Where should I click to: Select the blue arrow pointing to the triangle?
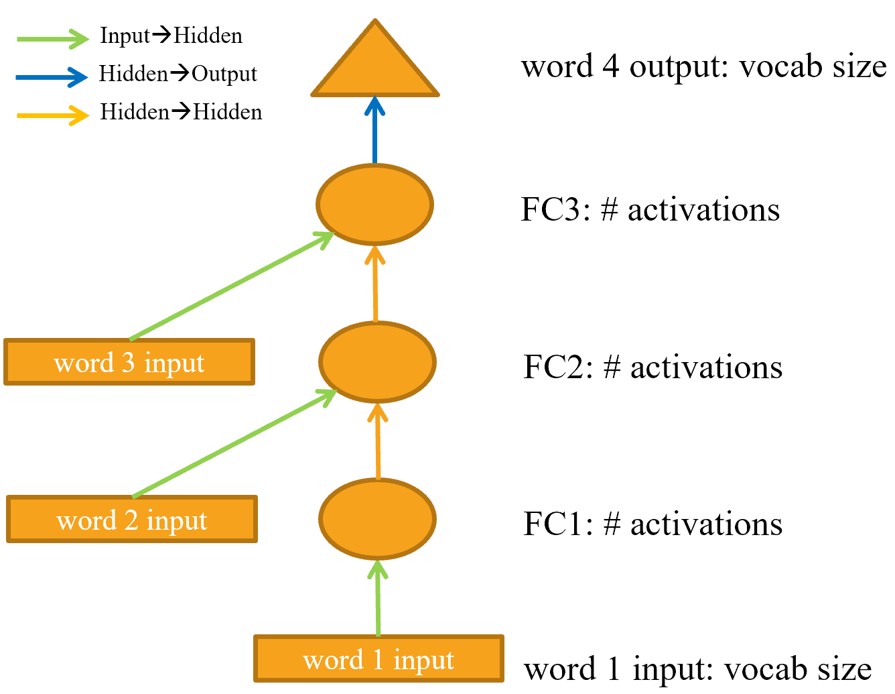point(374,131)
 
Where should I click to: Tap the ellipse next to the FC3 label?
point(375,205)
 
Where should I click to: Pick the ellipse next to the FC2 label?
point(377,362)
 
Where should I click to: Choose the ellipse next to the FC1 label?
point(377,519)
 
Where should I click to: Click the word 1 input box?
point(378,659)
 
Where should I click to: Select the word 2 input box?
point(132,520)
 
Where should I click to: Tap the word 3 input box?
point(129,362)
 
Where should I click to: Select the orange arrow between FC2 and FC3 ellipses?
point(375,284)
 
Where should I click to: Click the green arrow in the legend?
point(52,39)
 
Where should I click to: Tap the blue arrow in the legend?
point(52,77)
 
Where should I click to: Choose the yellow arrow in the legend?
point(52,115)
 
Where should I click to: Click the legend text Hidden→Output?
point(178,74)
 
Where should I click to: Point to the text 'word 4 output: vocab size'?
point(703,67)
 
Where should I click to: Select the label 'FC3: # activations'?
point(650,210)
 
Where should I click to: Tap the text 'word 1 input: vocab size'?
point(697,669)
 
